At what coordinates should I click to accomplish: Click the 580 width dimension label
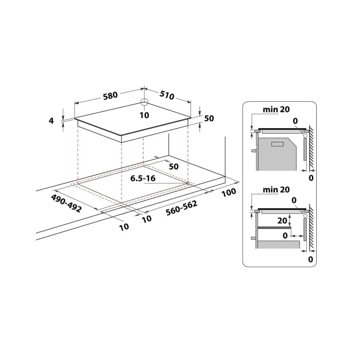(110, 95)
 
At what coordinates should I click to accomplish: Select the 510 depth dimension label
(167, 96)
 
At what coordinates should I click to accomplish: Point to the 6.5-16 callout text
(143, 178)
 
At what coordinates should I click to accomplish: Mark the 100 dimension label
(230, 192)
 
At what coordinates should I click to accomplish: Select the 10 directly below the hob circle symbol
(144, 115)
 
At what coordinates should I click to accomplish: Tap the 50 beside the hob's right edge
(208, 119)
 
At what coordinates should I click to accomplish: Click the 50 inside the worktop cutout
(173, 166)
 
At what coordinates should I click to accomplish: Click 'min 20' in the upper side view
(276, 110)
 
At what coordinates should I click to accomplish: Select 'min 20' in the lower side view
(276, 191)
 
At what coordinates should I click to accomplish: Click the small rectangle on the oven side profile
(278, 144)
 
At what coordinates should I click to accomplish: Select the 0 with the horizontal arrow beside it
(287, 236)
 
